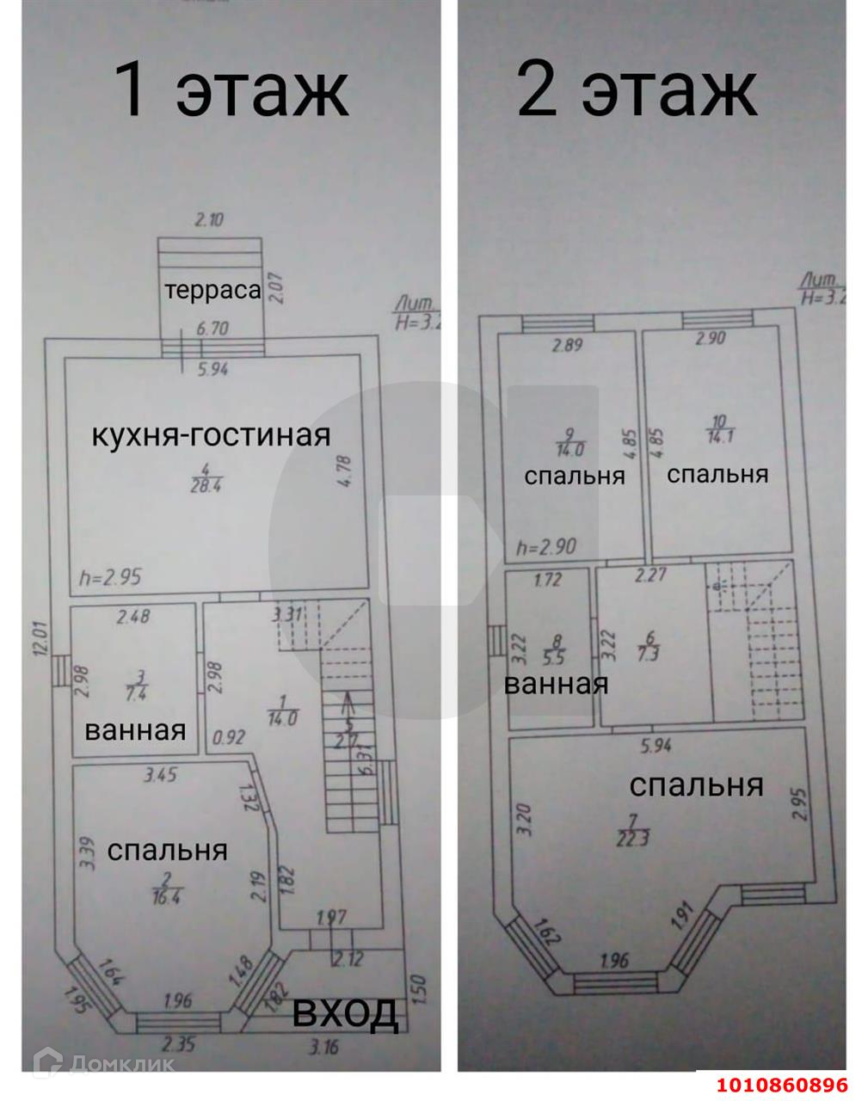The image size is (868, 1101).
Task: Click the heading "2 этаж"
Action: [x=636, y=90]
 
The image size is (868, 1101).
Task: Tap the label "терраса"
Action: [x=212, y=290]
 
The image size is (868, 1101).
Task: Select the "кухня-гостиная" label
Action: [x=211, y=435]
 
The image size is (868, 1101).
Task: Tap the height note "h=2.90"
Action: [x=545, y=546]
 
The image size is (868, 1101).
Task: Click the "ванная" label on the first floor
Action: [x=135, y=730]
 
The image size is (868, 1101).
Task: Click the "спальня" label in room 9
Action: [x=575, y=476]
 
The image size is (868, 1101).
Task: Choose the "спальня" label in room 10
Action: [x=717, y=474]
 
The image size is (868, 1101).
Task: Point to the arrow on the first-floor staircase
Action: [x=348, y=706]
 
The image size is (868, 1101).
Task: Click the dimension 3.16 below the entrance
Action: [x=325, y=1047]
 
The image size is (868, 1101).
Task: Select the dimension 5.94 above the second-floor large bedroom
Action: [x=655, y=747]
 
